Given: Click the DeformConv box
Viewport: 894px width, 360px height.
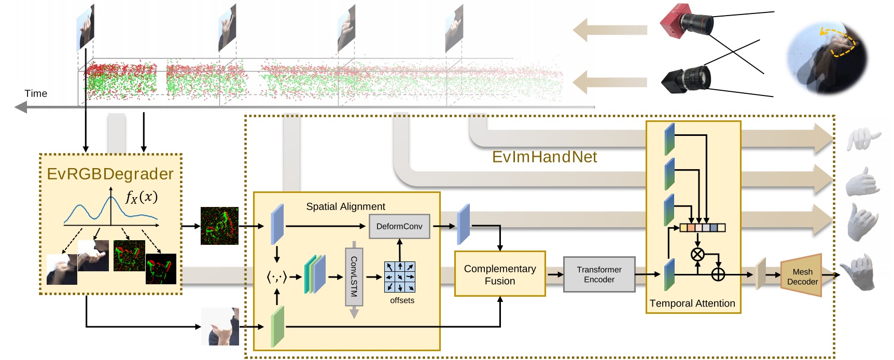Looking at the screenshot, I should (399, 226).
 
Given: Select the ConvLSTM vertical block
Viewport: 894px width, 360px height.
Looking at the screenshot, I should (354, 276).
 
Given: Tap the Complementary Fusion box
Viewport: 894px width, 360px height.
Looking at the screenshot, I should (499, 274).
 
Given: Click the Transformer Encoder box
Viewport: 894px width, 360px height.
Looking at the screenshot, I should (599, 274).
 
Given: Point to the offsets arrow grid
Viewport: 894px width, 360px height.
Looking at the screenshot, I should (399, 276).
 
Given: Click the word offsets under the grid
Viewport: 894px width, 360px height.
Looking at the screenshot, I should (402, 300).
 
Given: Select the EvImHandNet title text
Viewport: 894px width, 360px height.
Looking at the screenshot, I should (544, 157).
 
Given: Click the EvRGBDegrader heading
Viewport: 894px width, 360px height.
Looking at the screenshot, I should (110, 174).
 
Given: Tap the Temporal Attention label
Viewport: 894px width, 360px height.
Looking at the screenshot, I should (692, 303).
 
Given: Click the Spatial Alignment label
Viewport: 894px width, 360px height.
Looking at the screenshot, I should (345, 206).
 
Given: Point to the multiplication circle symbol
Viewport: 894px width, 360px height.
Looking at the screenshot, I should (697, 254).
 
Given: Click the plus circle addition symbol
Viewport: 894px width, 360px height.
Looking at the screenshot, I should (718, 274).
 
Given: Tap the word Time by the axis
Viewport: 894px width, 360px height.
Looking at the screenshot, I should (36, 93).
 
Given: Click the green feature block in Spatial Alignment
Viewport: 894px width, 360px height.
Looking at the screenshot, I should (277, 326).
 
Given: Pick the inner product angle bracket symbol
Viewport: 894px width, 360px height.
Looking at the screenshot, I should (276, 278).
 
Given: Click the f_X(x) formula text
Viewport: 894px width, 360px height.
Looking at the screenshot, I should (142, 197).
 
